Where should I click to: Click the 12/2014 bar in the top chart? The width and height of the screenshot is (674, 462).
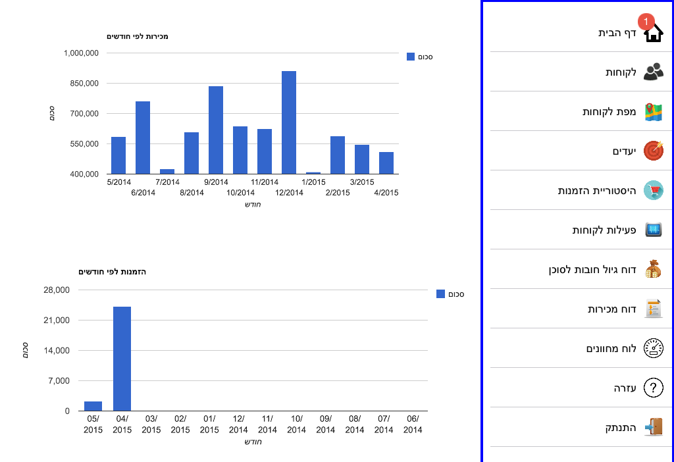[289, 122]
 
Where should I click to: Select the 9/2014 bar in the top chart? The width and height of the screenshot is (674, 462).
[216, 130]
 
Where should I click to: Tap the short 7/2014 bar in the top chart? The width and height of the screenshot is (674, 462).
[167, 172]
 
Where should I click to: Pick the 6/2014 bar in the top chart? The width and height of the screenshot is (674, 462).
[143, 138]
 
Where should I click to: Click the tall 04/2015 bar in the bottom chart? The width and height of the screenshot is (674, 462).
[122, 359]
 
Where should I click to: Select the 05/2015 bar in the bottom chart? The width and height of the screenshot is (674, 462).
[93, 406]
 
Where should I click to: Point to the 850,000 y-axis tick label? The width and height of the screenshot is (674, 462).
[84, 84]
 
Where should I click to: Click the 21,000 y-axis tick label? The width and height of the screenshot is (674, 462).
[57, 321]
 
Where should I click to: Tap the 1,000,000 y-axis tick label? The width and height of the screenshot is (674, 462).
[81, 53]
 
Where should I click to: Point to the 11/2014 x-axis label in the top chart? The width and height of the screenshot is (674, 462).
[265, 182]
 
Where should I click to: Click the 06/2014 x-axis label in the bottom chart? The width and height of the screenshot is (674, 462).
[413, 424]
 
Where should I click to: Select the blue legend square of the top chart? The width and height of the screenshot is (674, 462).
[411, 57]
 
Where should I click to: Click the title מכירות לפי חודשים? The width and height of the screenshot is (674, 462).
[138, 37]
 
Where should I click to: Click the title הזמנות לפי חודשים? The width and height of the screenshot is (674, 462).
[112, 272]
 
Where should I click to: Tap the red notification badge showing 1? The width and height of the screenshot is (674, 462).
[646, 22]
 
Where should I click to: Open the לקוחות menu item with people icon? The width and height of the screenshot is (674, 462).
[634, 72]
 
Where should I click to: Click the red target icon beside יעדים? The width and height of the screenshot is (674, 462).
[654, 151]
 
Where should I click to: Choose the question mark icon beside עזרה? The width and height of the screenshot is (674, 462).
[654, 388]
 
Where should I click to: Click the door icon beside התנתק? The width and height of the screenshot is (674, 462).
[654, 427]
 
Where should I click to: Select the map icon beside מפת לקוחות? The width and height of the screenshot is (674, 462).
[654, 112]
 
